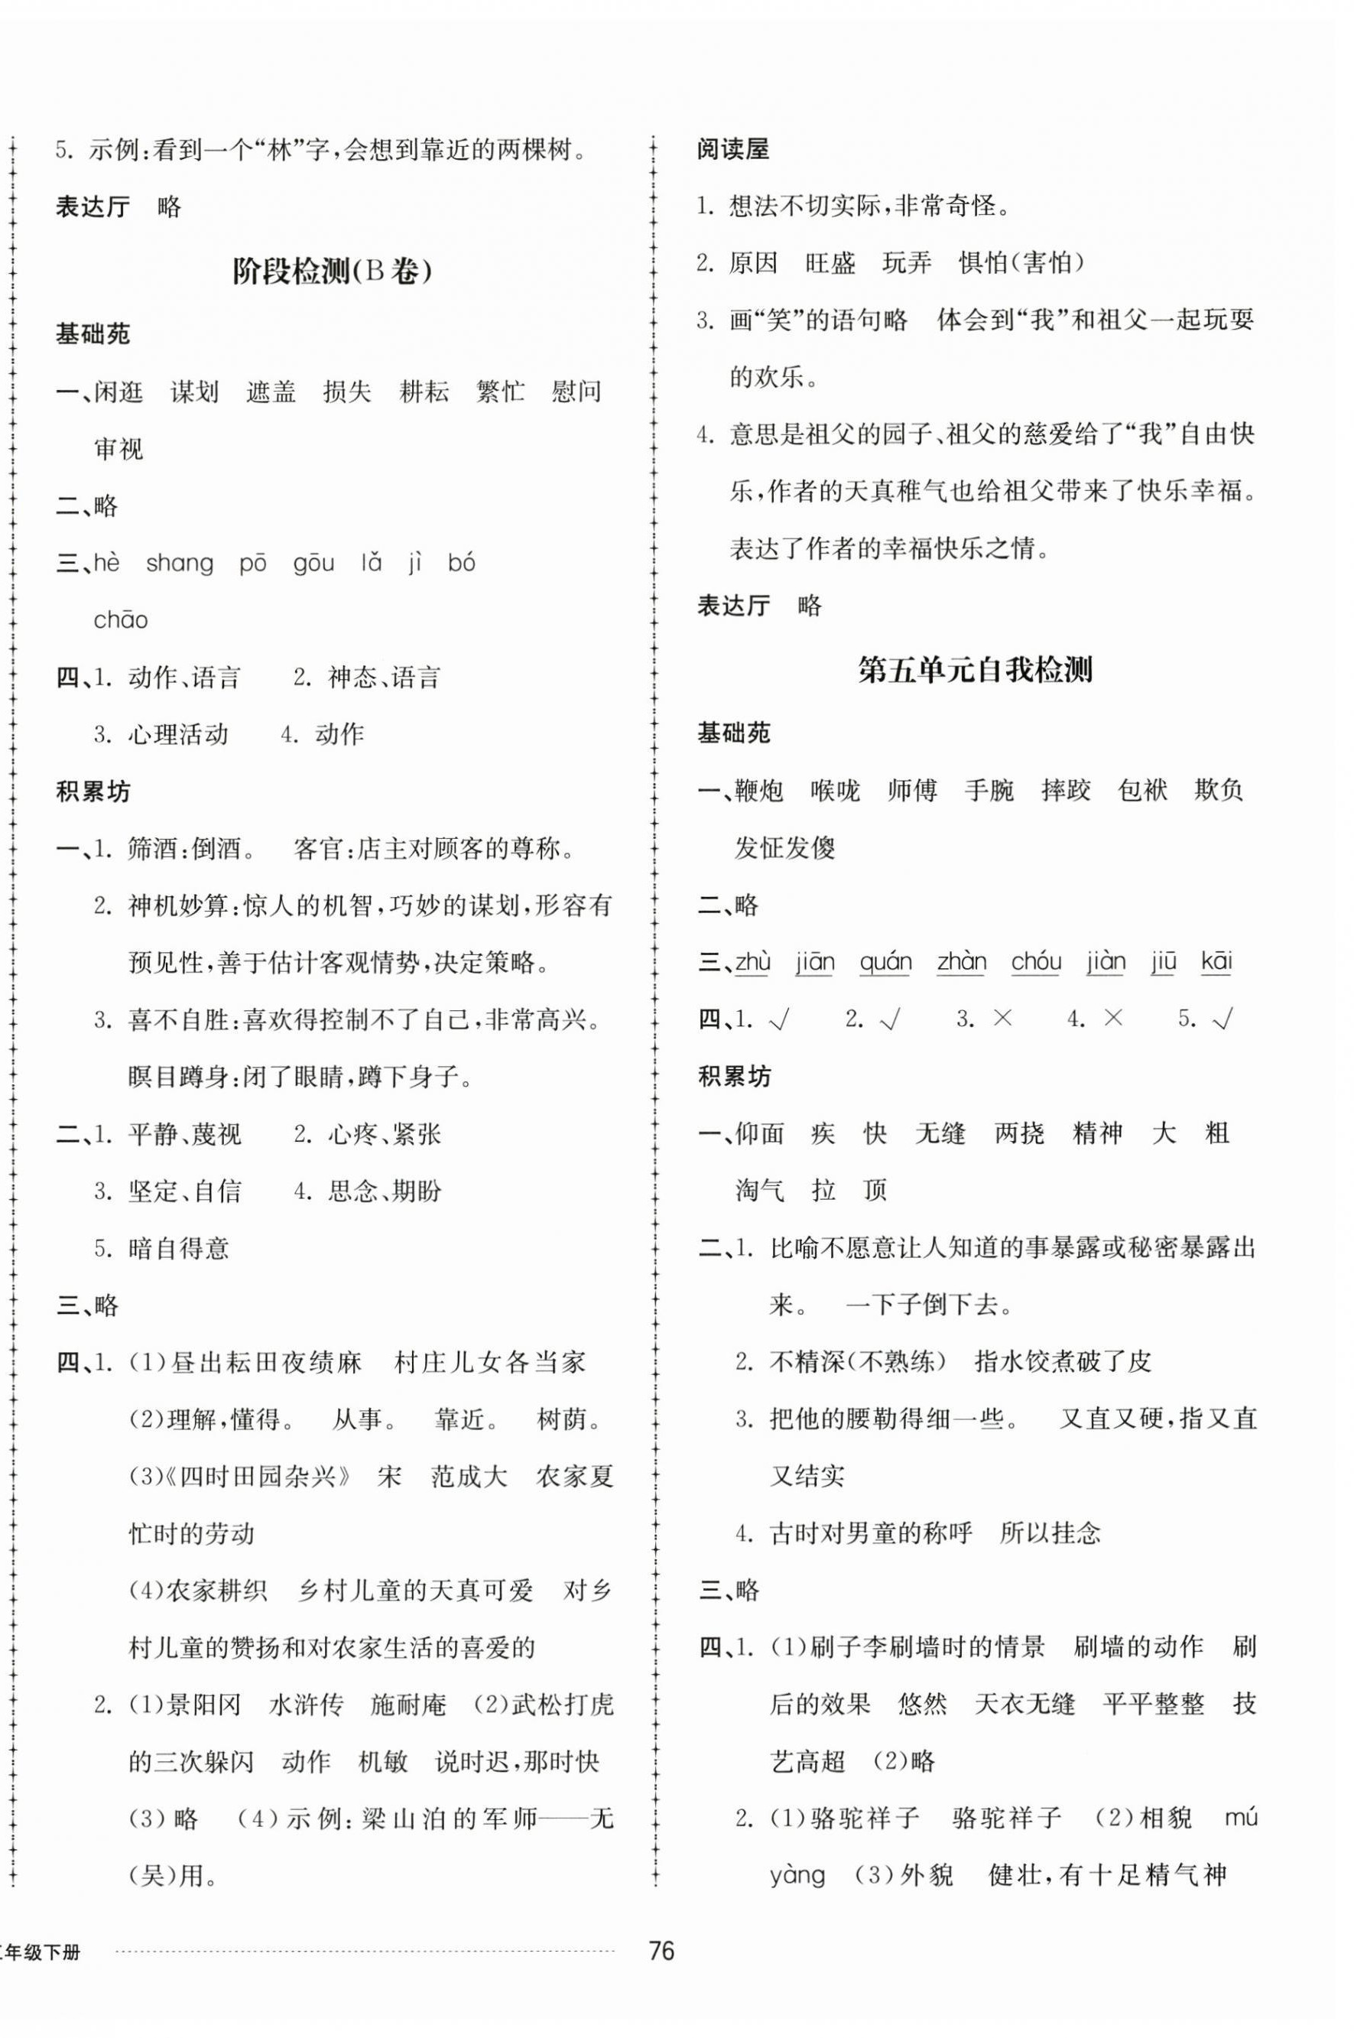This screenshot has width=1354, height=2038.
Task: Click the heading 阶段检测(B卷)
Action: coord(333,272)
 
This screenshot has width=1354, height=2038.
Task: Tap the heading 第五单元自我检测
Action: coord(975,670)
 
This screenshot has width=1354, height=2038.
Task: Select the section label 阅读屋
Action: coord(733,149)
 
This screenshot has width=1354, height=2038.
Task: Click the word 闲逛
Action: coord(119,392)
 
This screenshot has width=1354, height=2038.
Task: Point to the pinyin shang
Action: coord(180,563)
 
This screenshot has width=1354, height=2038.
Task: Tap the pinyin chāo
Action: coord(121,620)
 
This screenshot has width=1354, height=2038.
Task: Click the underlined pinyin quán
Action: coord(885,962)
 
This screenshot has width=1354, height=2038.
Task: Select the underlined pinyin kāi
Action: coord(1216,962)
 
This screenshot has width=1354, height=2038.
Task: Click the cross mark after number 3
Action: coord(1002,1019)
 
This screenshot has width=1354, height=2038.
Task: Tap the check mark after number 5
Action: coord(1222,1019)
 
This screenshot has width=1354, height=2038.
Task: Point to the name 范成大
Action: coord(469,1477)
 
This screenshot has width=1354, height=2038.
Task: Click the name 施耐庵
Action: coord(407,1705)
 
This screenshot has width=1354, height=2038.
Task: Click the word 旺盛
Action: coord(830,262)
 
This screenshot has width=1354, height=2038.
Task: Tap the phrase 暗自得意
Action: coord(179,1249)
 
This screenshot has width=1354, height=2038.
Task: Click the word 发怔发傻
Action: coord(785,848)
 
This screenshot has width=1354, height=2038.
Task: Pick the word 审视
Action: coord(119,449)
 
